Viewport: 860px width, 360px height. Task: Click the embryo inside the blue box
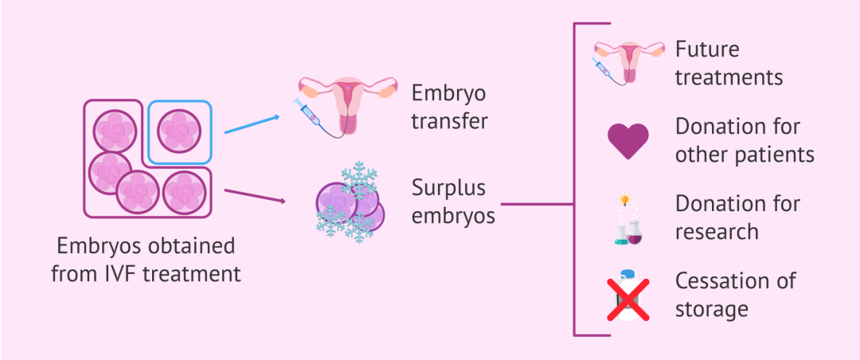pyautogui.click(x=179, y=131)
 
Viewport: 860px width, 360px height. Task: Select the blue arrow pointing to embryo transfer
pyautogui.click(x=252, y=124)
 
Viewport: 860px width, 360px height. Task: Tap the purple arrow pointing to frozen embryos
pyautogui.click(x=255, y=196)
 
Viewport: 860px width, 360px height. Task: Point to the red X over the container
pyautogui.click(x=628, y=299)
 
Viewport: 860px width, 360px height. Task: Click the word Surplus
pyautogui.click(x=448, y=188)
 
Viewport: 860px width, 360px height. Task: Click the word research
pyautogui.click(x=717, y=232)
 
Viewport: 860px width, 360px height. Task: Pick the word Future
pyautogui.click(x=707, y=50)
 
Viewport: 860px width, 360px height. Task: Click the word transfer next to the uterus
pyautogui.click(x=449, y=121)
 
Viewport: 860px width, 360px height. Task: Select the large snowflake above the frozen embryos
pyautogui.click(x=359, y=180)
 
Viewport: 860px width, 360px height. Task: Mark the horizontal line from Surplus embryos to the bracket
pyautogui.click(x=537, y=204)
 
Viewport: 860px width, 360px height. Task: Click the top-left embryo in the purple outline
pyautogui.click(x=115, y=131)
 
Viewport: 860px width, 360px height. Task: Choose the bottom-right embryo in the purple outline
pyautogui.click(x=184, y=193)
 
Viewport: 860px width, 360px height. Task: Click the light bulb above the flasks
pyautogui.click(x=623, y=198)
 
